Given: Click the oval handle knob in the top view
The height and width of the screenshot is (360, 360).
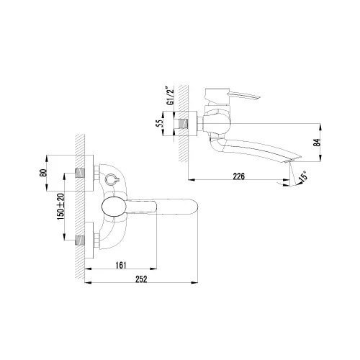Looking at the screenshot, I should coord(113,207).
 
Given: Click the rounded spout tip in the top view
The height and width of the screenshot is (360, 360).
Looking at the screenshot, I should coord(193,207).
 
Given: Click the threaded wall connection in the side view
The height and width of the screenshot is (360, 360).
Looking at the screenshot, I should coord(191,122).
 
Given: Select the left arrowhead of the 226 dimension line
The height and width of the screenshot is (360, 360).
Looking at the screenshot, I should coord(190,179).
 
